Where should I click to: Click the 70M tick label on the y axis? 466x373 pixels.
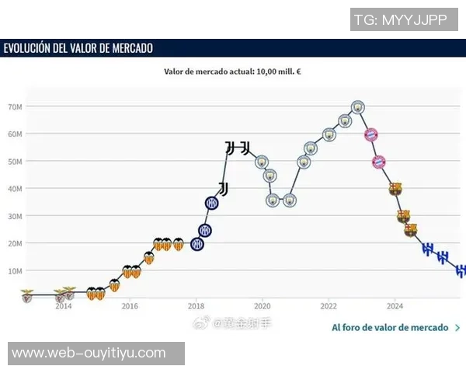point(14,106)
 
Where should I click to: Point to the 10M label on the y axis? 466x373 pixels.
point(14,270)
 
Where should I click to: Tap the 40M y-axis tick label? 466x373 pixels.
point(14,189)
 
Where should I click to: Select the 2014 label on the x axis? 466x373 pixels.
point(64,306)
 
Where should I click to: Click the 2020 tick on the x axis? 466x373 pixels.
point(262,306)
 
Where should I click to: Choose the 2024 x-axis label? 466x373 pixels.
point(395,306)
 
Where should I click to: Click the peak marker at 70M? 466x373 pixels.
point(357,107)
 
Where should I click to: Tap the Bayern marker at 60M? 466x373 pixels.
point(371,134)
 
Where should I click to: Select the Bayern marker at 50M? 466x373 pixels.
point(379,162)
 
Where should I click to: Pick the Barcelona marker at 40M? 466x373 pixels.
point(395,189)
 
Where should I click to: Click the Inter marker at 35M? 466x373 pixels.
point(212,203)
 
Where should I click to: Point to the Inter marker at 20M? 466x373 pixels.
point(197,244)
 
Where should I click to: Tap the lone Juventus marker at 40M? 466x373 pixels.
point(224,189)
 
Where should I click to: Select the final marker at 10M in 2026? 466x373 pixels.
point(460,270)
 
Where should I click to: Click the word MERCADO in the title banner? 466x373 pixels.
point(130,48)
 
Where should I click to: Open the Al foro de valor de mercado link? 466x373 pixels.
point(390,327)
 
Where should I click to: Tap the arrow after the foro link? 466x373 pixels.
point(457,327)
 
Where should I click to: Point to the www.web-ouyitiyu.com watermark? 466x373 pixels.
point(89,353)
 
